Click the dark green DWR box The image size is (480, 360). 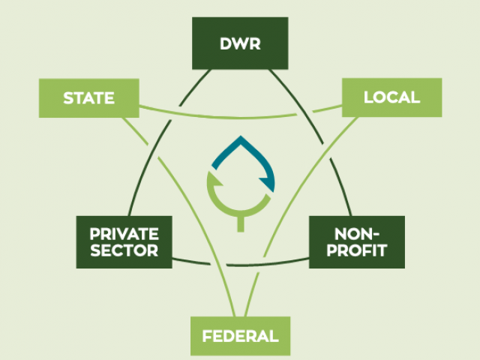240,43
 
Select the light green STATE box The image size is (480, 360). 89,98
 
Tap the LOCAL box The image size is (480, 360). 391,97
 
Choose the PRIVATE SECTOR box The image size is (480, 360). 124,242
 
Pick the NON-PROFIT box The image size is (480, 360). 357,242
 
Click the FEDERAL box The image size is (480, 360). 240,336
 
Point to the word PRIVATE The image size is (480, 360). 124,234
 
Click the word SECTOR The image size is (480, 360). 124,250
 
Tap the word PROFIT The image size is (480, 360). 357,250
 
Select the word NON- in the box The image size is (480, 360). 357,234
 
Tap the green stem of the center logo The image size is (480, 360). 241,224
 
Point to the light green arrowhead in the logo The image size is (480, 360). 216,181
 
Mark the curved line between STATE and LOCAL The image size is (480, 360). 241,118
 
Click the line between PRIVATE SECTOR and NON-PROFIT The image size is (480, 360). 241,265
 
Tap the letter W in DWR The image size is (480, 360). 241,43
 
